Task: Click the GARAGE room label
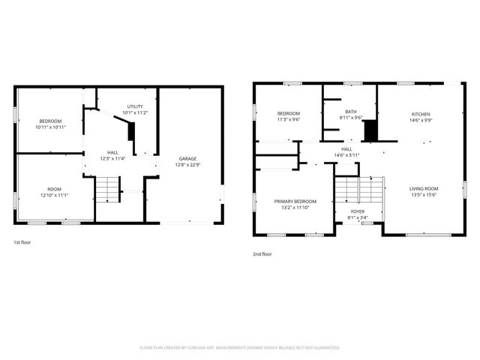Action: pyautogui.click(x=187, y=158)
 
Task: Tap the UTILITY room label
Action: pyautogui.click(x=135, y=106)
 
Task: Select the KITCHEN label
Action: pyautogui.click(x=420, y=113)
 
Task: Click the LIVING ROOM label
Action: pyautogui.click(x=424, y=188)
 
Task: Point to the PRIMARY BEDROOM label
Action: pyautogui.click(x=295, y=201)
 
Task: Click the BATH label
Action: pyautogui.click(x=351, y=112)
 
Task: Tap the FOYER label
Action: pyautogui.click(x=358, y=212)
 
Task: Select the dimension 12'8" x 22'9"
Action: pyautogui.click(x=187, y=165)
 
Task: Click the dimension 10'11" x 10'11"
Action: pyautogui.click(x=51, y=127)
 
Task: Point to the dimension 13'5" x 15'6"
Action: pyautogui.click(x=424, y=195)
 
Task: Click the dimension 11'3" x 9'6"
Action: pyautogui.click(x=289, y=119)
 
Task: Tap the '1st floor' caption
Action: pyautogui.click(x=22, y=242)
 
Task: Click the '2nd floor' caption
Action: pyautogui.click(x=262, y=254)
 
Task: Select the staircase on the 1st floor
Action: pyautogui.click(x=109, y=188)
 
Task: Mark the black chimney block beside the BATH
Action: pyautogui.click(x=370, y=130)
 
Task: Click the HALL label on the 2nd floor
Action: pyautogui.click(x=347, y=149)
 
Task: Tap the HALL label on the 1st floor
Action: pyautogui.click(x=112, y=152)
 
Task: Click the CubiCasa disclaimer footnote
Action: pyautogui.click(x=240, y=348)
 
